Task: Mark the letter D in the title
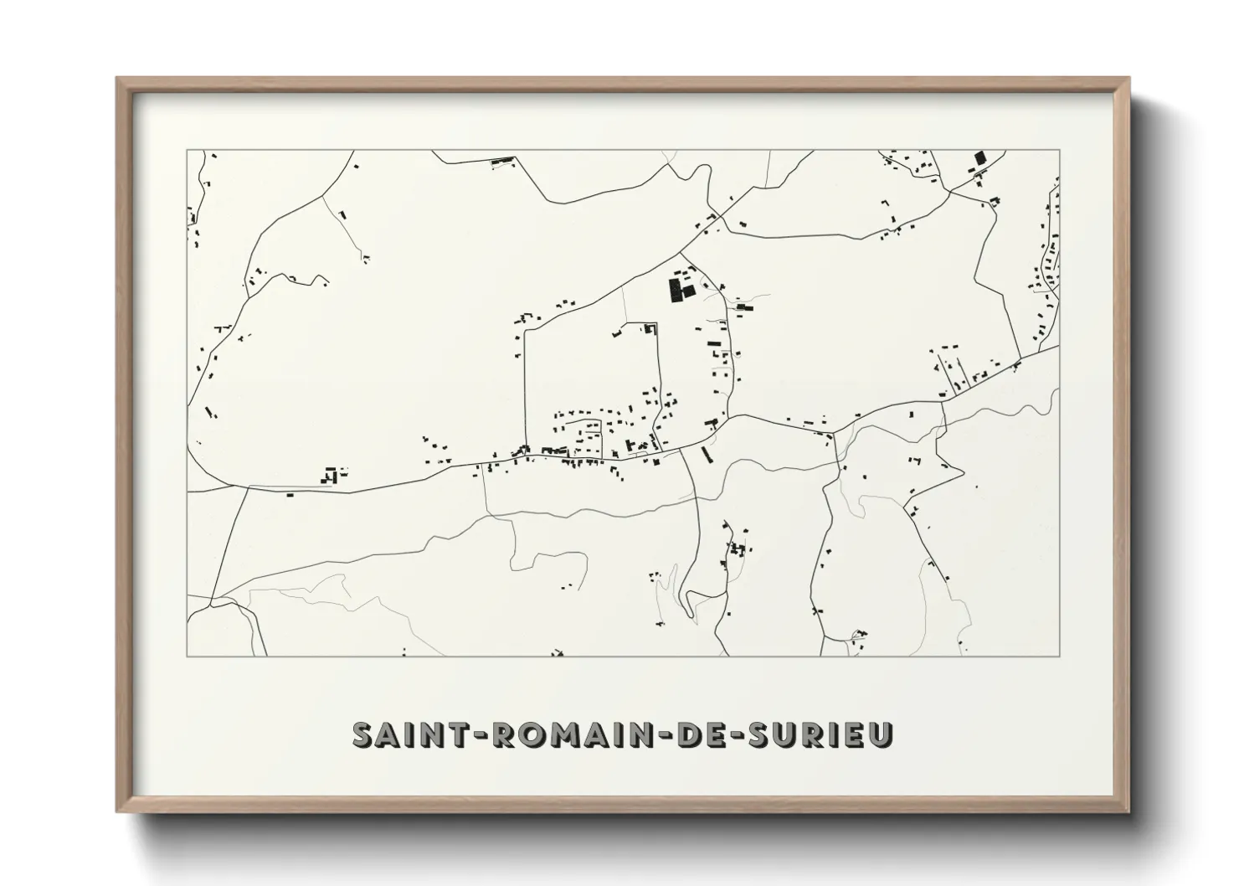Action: point(685,734)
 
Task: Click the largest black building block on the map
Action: point(675,291)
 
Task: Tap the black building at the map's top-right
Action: point(980,158)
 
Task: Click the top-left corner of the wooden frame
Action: point(117,79)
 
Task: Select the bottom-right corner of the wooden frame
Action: point(1128,812)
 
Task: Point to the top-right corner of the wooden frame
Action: point(1128,79)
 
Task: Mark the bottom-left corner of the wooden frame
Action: point(117,812)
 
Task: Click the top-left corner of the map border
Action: point(187,151)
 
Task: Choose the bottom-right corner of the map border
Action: point(1060,656)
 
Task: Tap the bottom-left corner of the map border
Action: point(187,656)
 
